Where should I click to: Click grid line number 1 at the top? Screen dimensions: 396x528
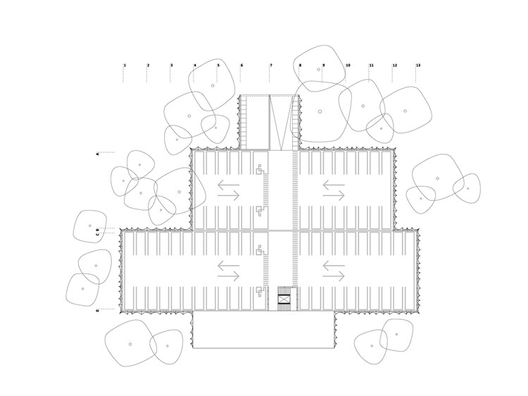click(125, 66)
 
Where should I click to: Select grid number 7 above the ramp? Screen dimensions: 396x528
click(270, 66)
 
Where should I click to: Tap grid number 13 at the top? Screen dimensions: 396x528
click(418, 66)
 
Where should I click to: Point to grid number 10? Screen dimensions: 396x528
click(348, 66)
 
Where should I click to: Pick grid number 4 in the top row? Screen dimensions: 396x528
click(195, 66)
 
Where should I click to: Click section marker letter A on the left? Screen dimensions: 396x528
click(98, 153)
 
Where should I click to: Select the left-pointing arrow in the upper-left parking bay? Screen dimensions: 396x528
click(228, 187)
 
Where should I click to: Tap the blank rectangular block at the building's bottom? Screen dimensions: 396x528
click(263, 330)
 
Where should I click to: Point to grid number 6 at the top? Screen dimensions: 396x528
click(241, 66)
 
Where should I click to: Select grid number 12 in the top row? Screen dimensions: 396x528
click(394, 66)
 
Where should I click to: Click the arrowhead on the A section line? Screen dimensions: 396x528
click(115, 153)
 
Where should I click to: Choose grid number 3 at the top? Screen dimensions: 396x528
click(171, 66)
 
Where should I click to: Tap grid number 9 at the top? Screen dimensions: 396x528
click(324, 66)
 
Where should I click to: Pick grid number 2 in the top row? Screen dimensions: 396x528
click(148, 66)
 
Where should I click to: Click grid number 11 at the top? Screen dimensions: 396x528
click(371, 66)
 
